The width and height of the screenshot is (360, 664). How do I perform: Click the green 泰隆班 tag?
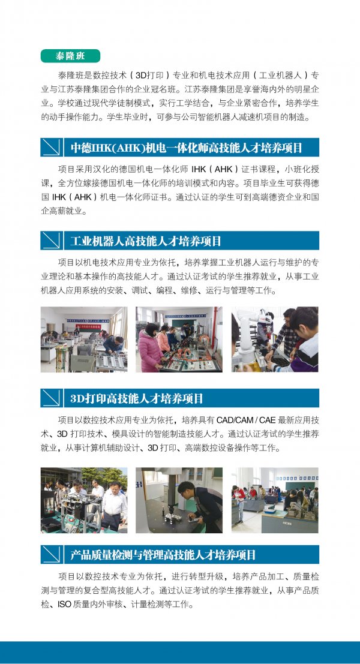(70, 56)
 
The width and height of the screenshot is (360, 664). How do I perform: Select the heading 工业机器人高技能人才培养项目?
(146, 241)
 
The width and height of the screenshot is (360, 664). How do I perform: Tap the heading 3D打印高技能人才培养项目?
(137, 398)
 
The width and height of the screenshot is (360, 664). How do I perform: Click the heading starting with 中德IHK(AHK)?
(186, 148)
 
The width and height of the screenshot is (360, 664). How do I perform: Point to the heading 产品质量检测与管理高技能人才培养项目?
(163, 555)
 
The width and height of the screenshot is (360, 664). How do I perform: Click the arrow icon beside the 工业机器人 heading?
(52, 241)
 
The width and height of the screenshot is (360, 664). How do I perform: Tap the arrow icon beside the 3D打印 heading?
(52, 398)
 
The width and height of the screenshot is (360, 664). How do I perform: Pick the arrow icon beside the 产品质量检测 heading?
(52, 554)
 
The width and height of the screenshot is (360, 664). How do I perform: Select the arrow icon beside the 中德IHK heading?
(52, 147)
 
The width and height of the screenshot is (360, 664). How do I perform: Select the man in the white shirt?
(113, 506)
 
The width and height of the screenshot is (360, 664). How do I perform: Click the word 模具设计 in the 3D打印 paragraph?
(129, 434)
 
